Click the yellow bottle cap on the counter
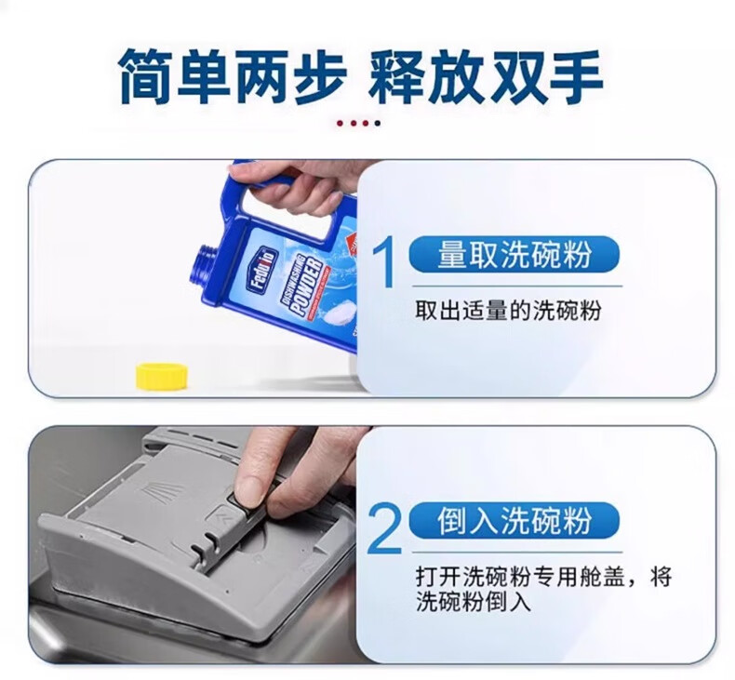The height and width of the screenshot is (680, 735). click(x=162, y=376)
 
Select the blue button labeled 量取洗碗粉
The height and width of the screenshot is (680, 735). click(x=514, y=254)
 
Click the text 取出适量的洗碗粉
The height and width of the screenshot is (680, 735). click(x=508, y=311)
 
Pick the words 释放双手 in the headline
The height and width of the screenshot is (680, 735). click(x=485, y=76)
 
